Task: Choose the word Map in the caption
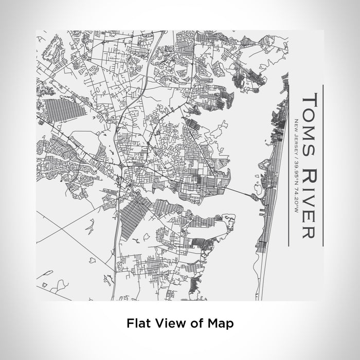220,323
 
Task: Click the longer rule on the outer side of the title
322,165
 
